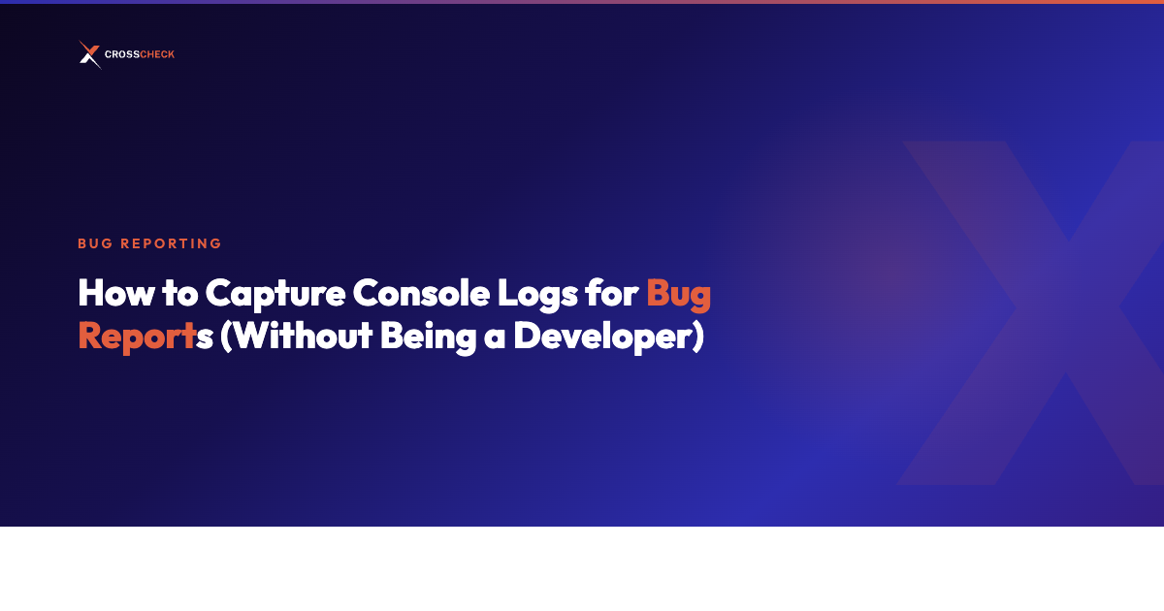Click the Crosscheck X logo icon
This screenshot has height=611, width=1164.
(x=89, y=54)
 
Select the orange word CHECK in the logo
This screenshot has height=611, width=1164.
(x=157, y=55)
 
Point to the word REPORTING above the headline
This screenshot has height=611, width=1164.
(x=171, y=243)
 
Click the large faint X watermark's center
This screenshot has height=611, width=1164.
(x=1067, y=310)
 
